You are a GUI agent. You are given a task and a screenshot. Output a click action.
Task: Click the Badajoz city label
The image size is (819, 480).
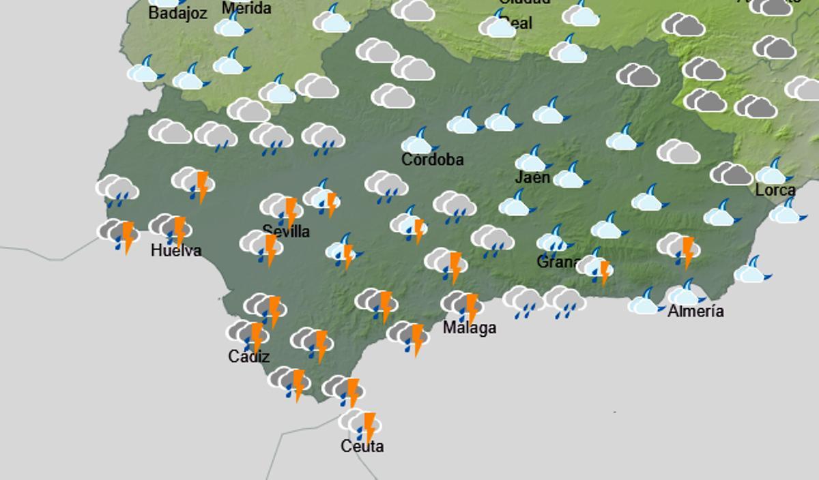coord(177,13)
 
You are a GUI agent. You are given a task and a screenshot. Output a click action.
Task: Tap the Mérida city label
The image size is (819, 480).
coord(246,8)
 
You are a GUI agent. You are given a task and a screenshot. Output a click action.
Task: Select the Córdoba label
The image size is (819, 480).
coord(433,160)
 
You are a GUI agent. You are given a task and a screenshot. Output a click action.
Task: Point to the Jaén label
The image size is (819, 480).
coord(532,177)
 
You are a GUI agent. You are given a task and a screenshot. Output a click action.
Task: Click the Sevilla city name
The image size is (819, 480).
coord(286,231)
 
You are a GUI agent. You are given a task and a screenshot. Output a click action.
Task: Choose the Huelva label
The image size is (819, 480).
coord(176,250)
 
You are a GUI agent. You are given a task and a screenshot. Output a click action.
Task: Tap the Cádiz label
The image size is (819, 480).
coord(249,357)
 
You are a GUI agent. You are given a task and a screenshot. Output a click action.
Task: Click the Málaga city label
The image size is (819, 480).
coord(470,328)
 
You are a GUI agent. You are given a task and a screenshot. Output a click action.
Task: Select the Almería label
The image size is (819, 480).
coord(695,311)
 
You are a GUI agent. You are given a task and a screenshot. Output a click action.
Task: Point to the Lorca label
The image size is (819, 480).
coord(775,190)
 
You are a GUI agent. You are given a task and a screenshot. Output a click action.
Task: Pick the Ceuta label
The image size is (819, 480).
coord(362,446)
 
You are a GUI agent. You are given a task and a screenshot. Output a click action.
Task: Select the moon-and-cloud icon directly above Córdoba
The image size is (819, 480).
coord(418,141)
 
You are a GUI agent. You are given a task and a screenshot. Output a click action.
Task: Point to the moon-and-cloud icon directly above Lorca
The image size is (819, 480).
coord(773,171)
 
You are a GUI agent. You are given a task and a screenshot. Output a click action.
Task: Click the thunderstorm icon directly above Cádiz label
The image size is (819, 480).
coord(248,334)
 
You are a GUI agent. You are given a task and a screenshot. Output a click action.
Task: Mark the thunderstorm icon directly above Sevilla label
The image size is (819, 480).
coord(282,207)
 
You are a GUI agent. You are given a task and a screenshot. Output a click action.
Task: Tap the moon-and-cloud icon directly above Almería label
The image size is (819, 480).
coord(685,292)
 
